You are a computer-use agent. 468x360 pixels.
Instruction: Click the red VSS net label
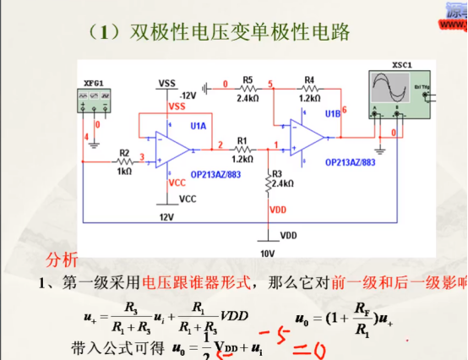pyautogui.click(x=177, y=106)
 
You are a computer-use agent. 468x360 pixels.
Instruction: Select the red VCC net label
pyautogui.click(x=177, y=183)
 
